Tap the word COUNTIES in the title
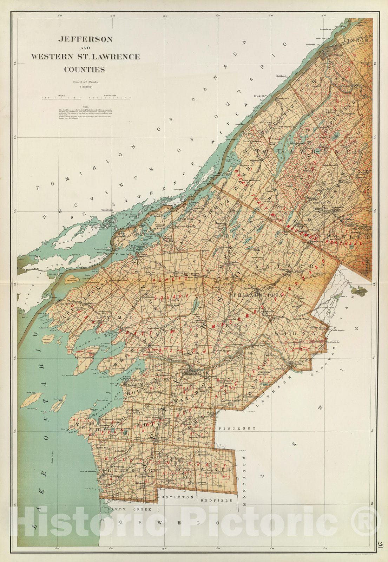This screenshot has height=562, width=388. (84, 69)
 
